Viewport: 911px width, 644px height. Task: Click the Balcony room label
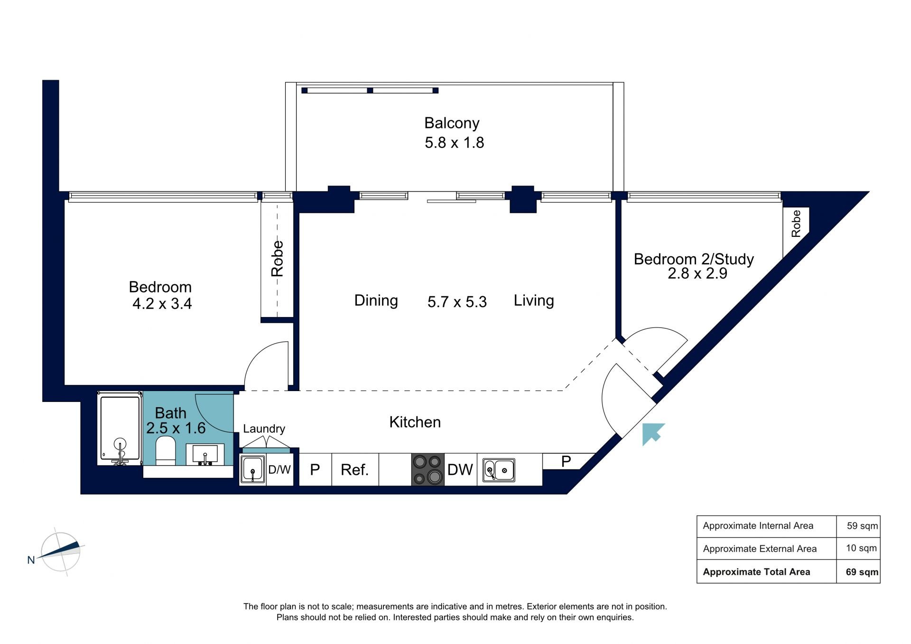point(452,123)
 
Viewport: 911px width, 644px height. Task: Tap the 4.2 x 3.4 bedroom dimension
point(162,303)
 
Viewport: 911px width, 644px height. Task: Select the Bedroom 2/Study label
point(694,259)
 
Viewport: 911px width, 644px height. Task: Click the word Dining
point(376,300)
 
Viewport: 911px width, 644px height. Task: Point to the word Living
point(534,300)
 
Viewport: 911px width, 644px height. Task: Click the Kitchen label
point(415,422)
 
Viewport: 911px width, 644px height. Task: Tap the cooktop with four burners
point(428,469)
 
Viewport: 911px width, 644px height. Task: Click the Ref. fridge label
point(354,470)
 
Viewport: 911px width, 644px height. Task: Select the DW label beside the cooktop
point(460,470)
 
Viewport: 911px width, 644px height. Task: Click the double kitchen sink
point(499,470)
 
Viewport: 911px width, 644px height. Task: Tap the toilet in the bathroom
point(166,450)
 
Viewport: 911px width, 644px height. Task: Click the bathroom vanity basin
point(205,454)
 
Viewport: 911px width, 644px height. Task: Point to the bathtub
point(120,428)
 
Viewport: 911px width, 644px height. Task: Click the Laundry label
point(264,429)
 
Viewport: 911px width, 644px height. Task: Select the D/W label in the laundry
point(279,470)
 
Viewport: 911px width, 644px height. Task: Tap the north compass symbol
point(60,551)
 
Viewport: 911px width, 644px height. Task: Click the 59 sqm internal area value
point(862,526)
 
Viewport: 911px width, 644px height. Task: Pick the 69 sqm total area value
point(862,572)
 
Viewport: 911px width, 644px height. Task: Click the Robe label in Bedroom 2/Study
point(796,224)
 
